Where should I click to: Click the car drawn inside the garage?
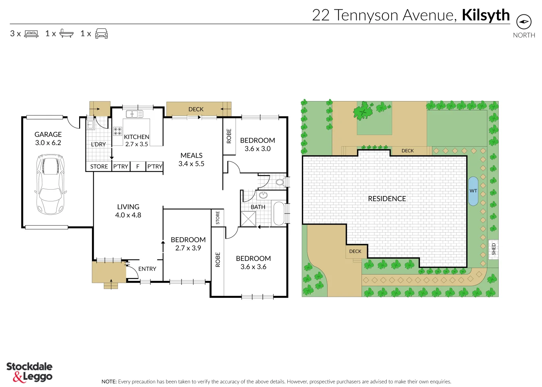click(x=50, y=184)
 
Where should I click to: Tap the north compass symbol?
click(x=524, y=22)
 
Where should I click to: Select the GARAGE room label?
click(x=48, y=134)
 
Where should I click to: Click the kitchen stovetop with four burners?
click(x=117, y=131)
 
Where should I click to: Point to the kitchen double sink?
click(x=134, y=114)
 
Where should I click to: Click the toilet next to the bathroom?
click(x=280, y=182)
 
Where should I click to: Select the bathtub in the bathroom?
click(x=279, y=214)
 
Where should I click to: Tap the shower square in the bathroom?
click(x=248, y=219)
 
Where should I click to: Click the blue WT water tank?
click(x=473, y=191)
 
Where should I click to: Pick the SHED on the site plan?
click(x=493, y=249)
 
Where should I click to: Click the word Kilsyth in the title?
click(x=485, y=15)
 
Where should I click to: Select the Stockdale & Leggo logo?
click(x=29, y=372)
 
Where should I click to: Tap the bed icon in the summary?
click(x=31, y=34)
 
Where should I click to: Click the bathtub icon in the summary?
click(x=66, y=34)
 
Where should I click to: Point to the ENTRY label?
click(x=147, y=269)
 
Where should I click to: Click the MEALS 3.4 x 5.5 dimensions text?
click(x=191, y=164)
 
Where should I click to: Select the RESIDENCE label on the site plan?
click(x=387, y=199)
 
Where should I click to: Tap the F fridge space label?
click(x=137, y=167)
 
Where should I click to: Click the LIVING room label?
click(x=128, y=207)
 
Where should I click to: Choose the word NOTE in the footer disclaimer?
click(x=109, y=382)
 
